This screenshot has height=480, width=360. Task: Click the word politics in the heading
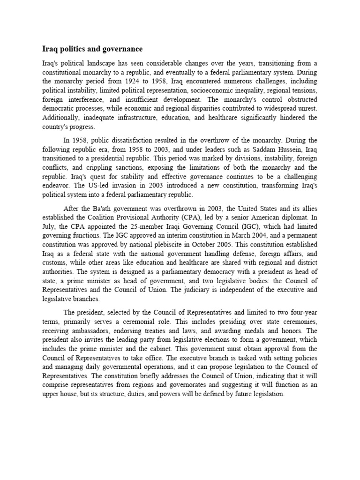pos(72,49)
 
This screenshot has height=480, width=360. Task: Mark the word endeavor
pos(56,186)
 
